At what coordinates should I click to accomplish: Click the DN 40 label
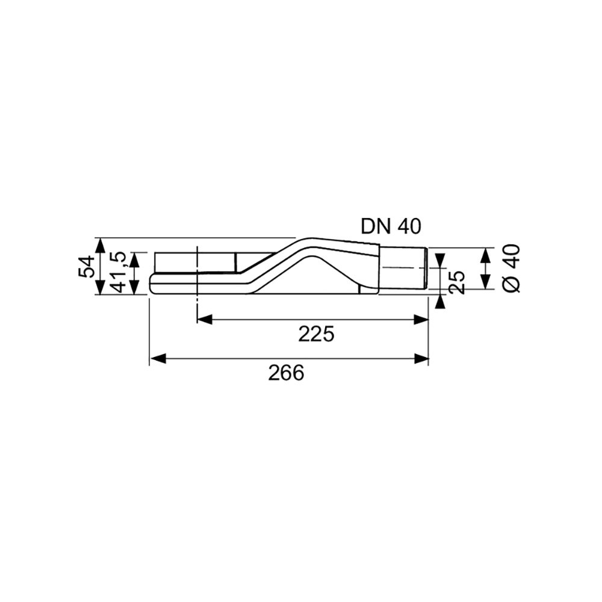pyautogui.click(x=391, y=226)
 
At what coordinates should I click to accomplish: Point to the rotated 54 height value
pyautogui.click(x=86, y=267)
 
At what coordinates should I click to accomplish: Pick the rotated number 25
pyautogui.click(x=458, y=281)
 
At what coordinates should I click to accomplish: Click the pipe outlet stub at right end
pyautogui.click(x=403, y=269)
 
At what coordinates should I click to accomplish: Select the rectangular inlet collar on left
pyautogui.click(x=195, y=262)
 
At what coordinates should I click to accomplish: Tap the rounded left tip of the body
pyautogui.click(x=151, y=285)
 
